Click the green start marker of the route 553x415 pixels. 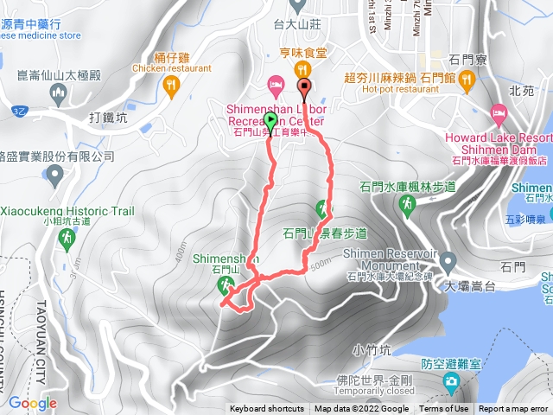coord(270,121)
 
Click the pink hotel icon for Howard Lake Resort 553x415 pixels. coord(499,112)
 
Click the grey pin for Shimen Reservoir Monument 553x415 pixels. coord(448,260)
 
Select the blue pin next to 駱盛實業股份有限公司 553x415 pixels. coord(56,176)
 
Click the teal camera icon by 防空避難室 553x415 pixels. coord(450,381)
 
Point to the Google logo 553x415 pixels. coord(32,403)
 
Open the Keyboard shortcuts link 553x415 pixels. coord(267,409)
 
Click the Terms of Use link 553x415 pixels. coord(444,409)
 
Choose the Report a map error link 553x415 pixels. coord(514,409)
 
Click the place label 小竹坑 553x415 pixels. coord(372,350)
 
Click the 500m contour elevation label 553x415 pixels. coord(320,263)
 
